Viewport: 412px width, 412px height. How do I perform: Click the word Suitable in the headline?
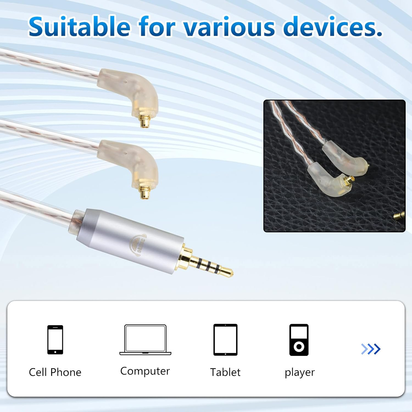pyautogui.click(x=79, y=27)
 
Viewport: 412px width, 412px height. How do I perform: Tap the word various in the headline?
pyautogui.click(x=229, y=27)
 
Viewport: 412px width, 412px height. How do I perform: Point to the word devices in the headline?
pyautogui.click(x=332, y=27)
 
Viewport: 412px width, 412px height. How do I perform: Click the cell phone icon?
pyautogui.click(x=55, y=339)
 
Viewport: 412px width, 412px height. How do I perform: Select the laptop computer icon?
pyautogui.click(x=145, y=340)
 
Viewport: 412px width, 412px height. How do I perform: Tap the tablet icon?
pyautogui.click(x=225, y=339)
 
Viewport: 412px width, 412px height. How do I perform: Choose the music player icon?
pyautogui.click(x=299, y=340)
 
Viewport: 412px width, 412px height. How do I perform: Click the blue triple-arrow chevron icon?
pyautogui.click(x=371, y=349)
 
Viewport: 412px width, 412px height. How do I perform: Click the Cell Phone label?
pyautogui.click(x=55, y=372)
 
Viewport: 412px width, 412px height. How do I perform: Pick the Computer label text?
pyautogui.click(x=145, y=371)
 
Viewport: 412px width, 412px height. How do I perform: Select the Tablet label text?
pyautogui.click(x=225, y=372)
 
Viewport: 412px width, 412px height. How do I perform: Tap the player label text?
pyautogui.click(x=299, y=372)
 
